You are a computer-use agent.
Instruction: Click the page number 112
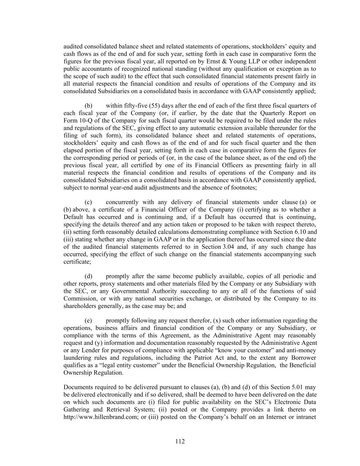pos(180,441)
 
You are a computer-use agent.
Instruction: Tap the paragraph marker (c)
pos(88,202)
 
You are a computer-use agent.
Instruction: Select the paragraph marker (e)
pos(88,321)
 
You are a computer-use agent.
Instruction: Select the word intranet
pos(306,417)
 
